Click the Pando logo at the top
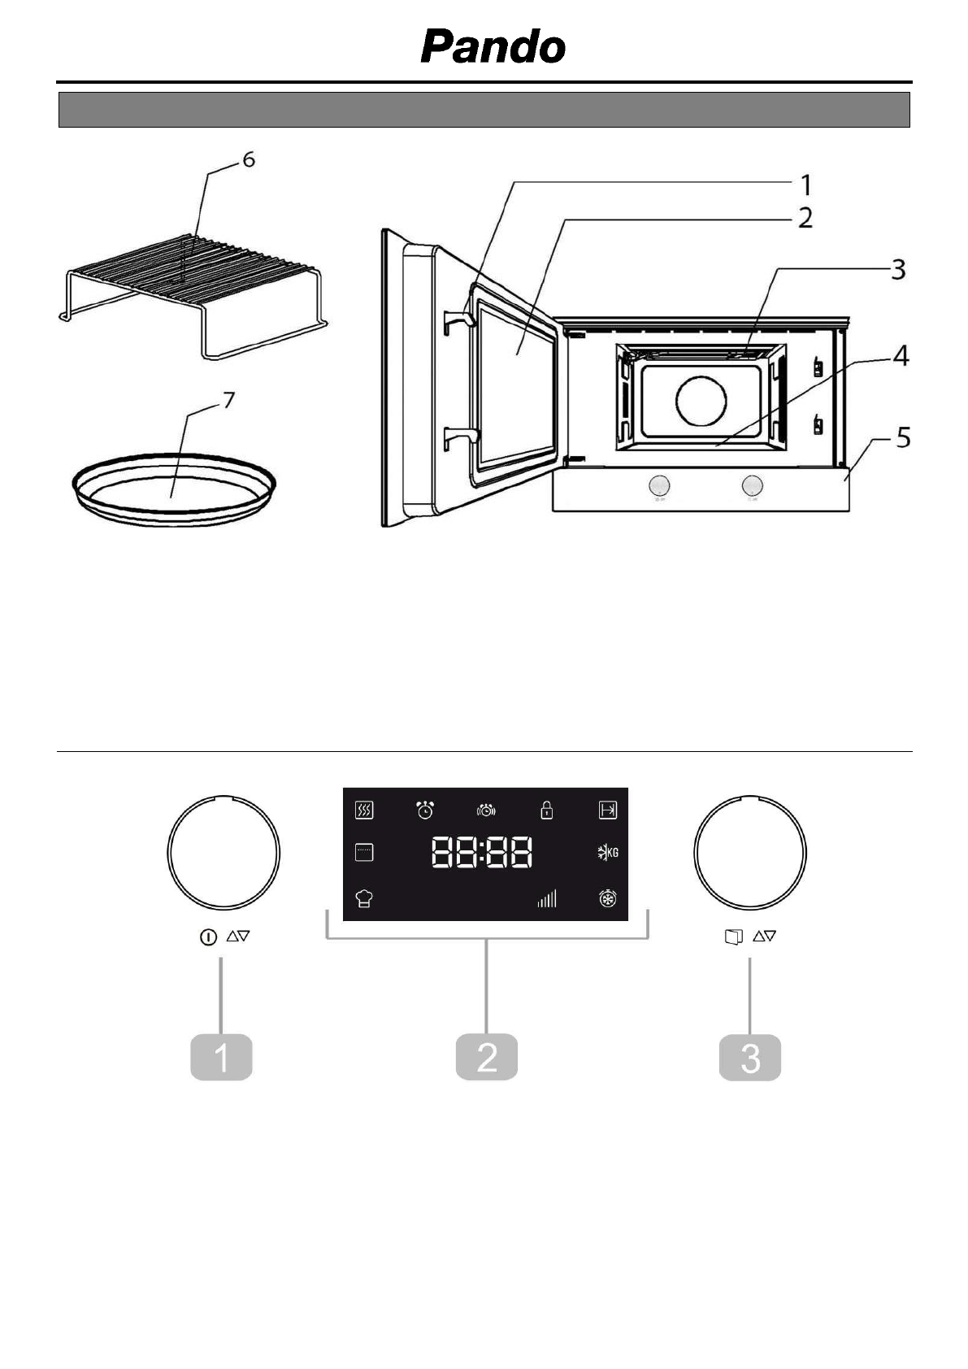point(493,47)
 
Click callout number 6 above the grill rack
point(248,160)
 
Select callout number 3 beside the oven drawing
point(897,270)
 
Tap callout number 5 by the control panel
point(903,439)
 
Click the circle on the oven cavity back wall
point(701,400)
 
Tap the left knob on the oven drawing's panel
point(659,486)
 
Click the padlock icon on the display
point(547,810)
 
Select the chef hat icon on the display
point(364,898)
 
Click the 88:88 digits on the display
point(482,853)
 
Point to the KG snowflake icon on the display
point(607,853)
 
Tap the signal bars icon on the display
point(547,898)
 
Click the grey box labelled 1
point(221,1058)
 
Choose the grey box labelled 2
point(486,1058)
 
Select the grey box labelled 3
point(750,1058)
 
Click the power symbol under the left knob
point(208,937)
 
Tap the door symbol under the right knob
point(733,937)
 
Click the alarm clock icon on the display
point(425,810)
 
